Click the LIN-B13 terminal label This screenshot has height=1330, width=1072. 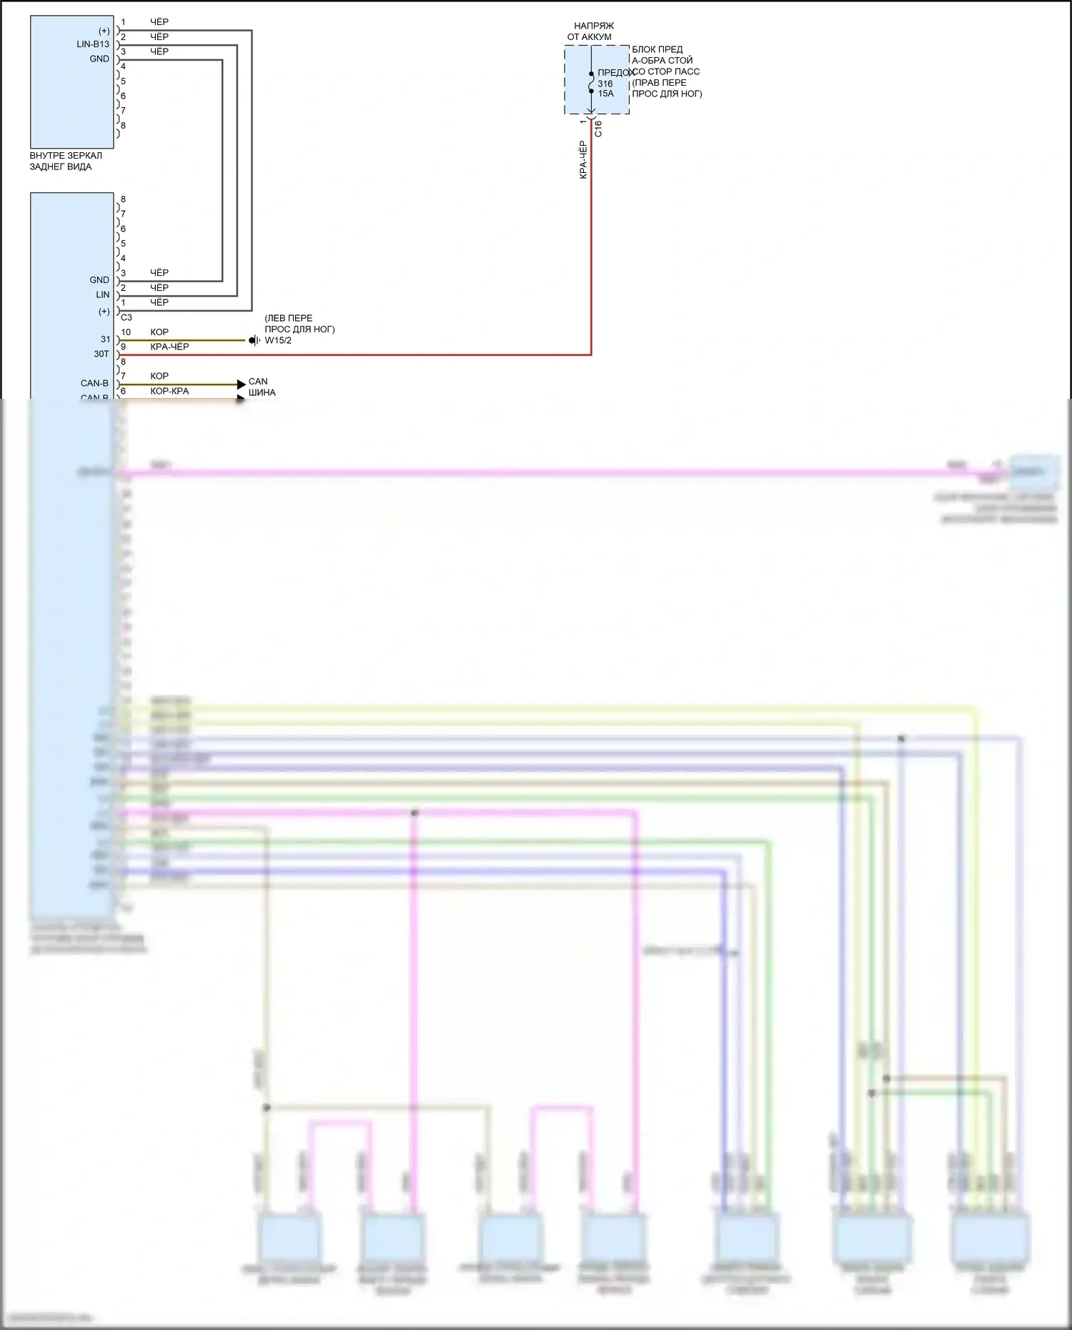(93, 44)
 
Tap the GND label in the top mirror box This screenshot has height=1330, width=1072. (99, 59)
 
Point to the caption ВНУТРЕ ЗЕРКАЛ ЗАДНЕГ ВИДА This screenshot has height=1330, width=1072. (65, 161)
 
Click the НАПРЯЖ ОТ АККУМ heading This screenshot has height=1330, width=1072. (592, 31)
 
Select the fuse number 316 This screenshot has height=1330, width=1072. (605, 84)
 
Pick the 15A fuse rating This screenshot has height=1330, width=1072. (606, 94)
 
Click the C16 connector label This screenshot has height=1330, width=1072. (598, 129)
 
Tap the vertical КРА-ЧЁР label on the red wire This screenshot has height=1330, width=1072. (583, 160)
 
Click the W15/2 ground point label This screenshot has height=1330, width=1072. (278, 340)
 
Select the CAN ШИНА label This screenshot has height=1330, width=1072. (261, 387)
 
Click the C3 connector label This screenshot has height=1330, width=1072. (126, 317)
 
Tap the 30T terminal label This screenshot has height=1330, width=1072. (101, 354)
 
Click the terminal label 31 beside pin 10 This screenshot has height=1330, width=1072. (106, 339)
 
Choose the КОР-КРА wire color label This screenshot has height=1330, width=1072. (169, 391)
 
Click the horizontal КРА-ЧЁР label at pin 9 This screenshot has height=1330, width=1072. (169, 347)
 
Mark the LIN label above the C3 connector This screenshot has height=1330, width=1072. (103, 294)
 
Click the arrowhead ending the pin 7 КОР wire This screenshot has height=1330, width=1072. (242, 384)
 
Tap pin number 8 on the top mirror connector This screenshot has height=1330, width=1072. (123, 125)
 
